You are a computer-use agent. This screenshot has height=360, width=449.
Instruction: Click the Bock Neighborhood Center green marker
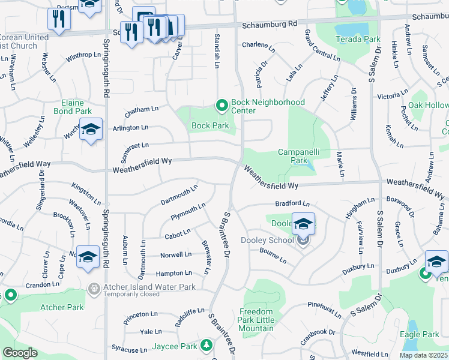(x=222, y=106)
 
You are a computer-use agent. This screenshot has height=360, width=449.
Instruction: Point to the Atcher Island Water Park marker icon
(x=93, y=289)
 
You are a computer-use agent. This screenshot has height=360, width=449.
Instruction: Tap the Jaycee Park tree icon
(x=206, y=346)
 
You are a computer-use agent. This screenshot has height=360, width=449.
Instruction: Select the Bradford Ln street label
(x=292, y=204)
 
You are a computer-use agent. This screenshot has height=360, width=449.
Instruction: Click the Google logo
(x=19, y=352)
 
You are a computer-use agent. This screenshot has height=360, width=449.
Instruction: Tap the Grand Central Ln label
(x=322, y=45)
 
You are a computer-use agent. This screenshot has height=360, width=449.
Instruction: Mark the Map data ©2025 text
(x=423, y=355)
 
